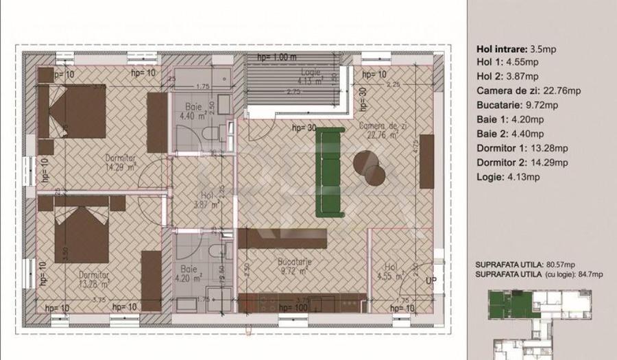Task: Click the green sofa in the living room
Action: pos(328,170)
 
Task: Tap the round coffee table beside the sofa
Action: pos(369,167)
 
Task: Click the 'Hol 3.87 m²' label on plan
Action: pos(205,200)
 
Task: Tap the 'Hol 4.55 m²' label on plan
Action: pos(391,272)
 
